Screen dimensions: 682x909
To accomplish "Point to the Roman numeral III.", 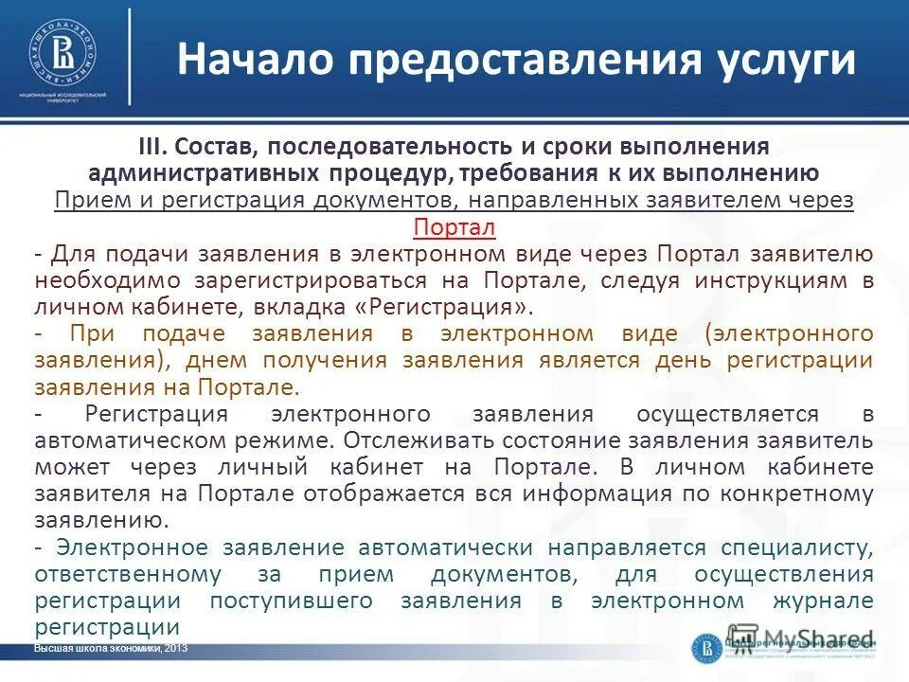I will (152, 148).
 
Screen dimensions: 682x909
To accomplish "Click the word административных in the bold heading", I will (220, 173).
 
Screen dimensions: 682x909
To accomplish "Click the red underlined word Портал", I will (454, 228).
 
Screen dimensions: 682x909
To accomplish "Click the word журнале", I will (823, 601).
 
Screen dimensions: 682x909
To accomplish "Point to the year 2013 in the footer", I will (176, 647).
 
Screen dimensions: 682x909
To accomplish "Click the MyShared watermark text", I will (814, 638).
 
